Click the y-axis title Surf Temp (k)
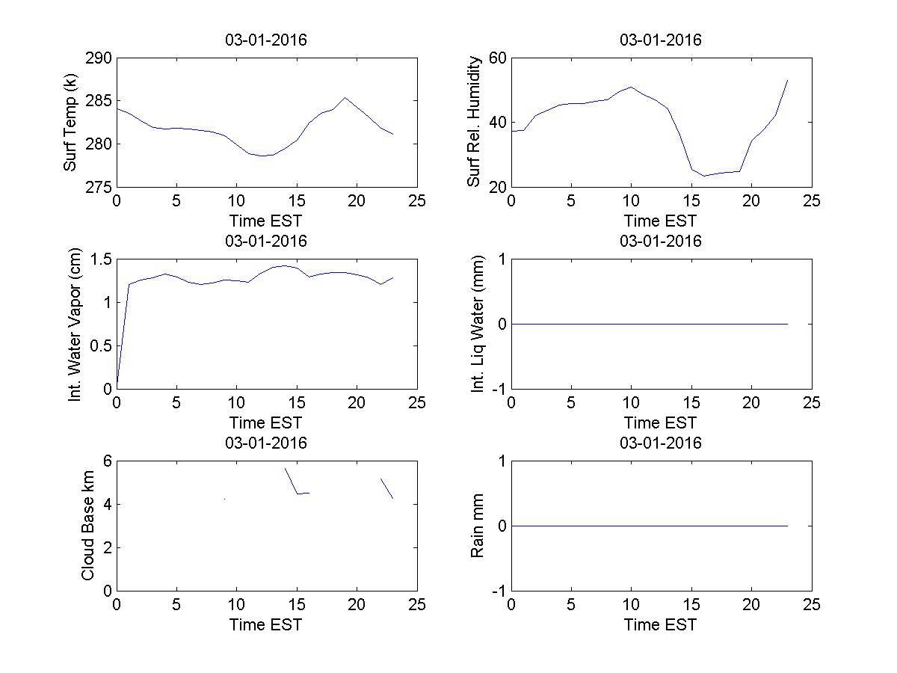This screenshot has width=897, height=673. click(x=71, y=122)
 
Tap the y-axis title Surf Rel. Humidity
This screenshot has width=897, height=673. click(x=473, y=122)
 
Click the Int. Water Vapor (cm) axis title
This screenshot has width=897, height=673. click(x=75, y=324)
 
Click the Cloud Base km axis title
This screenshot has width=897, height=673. click(x=87, y=526)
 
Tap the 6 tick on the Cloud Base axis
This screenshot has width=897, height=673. click(x=108, y=461)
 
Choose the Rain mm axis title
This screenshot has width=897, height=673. click(x=477, y=526)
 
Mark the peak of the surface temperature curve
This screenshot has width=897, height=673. click(x=345, y=97)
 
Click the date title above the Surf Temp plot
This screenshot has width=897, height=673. click(x=266, y=40)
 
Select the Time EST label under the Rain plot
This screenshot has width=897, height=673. click(x=660, y=624)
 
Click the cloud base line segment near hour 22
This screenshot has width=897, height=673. click(x=386, y=488)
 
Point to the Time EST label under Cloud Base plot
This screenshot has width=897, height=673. click(x=266, y=624)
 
